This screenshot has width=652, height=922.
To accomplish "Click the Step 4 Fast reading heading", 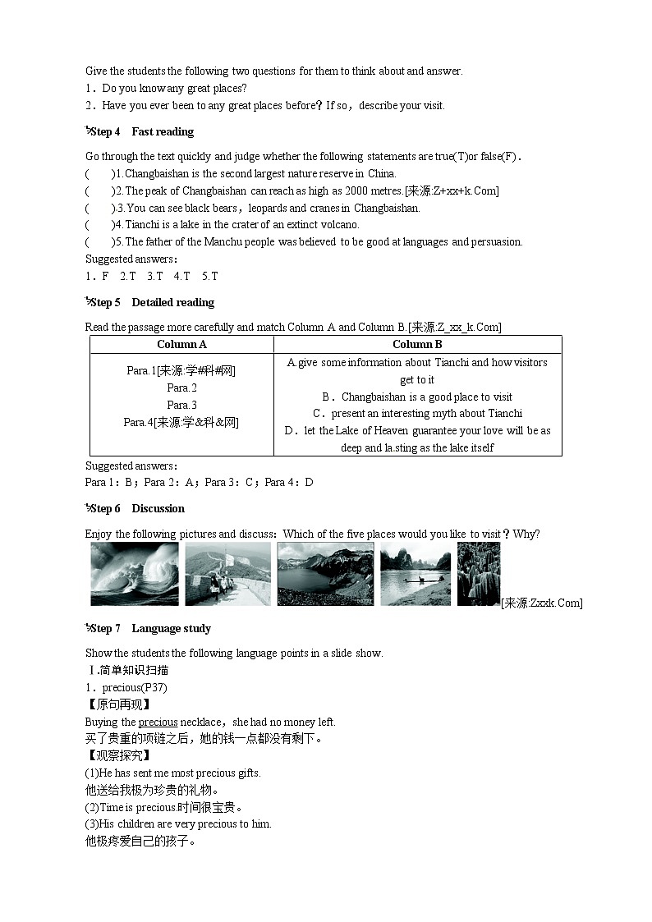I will pos(141,131).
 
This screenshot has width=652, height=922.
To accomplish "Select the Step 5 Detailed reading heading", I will pos(151,302).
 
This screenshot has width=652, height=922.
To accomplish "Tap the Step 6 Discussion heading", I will pos(137,508).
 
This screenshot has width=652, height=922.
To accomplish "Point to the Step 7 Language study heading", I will pos(150,628).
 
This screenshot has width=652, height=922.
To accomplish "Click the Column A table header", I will pos(181,345).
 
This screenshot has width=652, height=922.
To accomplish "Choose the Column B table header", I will pos(417,345).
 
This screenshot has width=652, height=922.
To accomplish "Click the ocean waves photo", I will pos(134,574).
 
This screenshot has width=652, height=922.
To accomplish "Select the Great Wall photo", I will pos(227,574).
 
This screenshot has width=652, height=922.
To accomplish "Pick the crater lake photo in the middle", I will pos(325,574).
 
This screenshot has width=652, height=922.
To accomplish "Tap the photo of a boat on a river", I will pos(416,574).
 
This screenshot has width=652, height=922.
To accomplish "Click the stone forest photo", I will pos(478,574).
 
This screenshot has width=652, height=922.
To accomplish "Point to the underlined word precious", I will pos(158,722).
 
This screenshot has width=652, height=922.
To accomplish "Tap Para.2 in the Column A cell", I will pos(181,388).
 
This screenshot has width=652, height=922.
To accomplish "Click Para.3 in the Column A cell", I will pos(181,405).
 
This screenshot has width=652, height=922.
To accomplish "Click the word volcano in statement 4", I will pos(340,224).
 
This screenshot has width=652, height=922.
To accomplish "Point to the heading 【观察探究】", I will pos(118,755).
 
